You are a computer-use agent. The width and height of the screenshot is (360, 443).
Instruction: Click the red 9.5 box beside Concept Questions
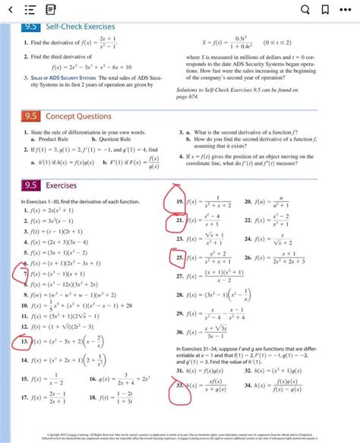(x=31, y=116)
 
